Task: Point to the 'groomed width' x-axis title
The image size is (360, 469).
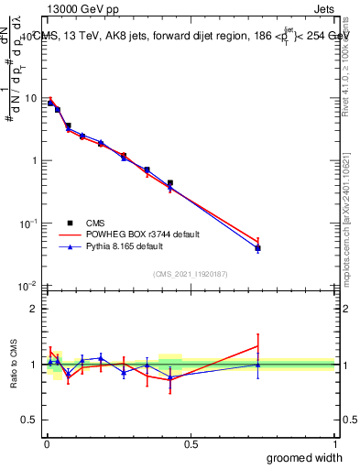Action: [305, 457]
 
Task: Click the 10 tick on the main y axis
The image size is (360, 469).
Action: [30, 98]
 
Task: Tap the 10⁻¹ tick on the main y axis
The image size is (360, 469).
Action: [28, 224]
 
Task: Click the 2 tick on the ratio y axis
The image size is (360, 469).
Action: [36, 309]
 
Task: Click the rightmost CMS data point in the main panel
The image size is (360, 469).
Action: [258, 248]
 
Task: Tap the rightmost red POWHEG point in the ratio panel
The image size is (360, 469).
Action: [258, 346]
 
